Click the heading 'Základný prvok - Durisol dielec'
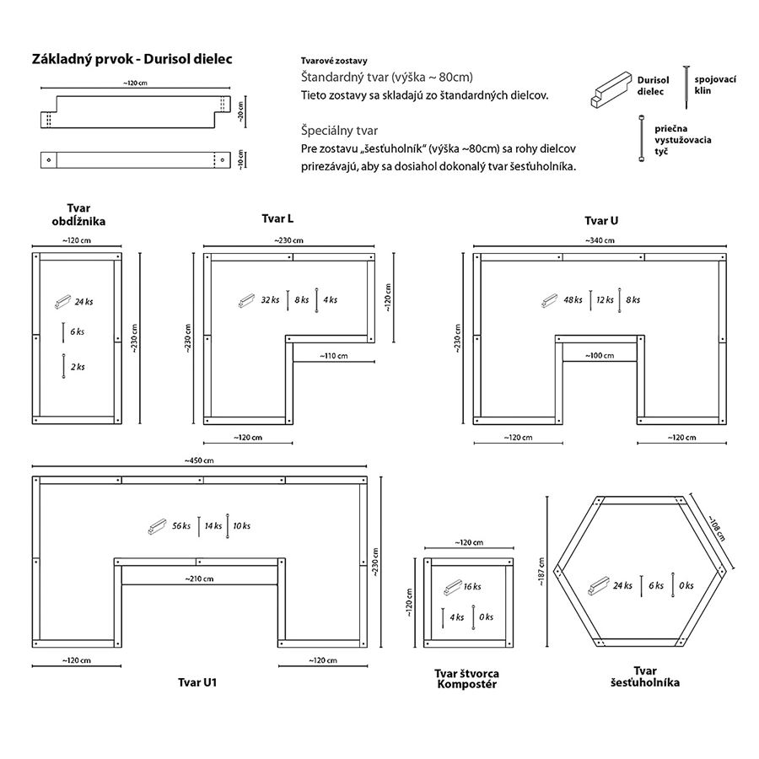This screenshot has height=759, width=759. [132, 59]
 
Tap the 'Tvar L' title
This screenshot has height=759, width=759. [277, 218]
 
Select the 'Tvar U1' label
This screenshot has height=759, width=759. [197, 682]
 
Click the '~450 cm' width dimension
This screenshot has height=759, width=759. [199, 460]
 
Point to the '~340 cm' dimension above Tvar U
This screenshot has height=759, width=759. [600, 240]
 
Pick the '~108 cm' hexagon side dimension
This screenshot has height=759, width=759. [717, 528]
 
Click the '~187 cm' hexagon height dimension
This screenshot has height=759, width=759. [541, 572]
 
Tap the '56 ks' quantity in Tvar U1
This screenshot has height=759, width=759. [181, 525]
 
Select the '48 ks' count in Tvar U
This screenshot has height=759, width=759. [573, 299]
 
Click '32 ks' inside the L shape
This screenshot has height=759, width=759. [270, 299]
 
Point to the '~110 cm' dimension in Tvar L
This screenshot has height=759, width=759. [333, 356]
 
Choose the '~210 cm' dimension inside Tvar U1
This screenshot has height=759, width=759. [199, 579]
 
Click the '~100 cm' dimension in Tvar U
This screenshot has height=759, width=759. [600, 356]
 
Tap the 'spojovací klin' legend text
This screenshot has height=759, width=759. [715, 84]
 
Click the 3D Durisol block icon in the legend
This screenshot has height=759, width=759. [611, 89]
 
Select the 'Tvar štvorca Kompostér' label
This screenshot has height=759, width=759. [466, 679]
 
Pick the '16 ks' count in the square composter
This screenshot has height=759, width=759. [472, 587]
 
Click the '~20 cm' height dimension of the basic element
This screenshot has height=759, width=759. [240, 111]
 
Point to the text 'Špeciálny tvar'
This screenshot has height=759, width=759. [339, 131]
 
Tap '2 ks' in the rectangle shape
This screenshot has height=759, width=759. [78, 367]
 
